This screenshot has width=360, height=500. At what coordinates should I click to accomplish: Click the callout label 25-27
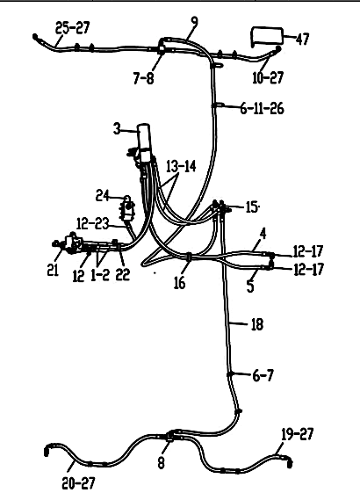pos(73,27)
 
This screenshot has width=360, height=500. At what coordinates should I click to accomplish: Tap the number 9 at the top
pos(194,22)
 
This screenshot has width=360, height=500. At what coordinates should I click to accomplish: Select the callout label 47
pos(302,39)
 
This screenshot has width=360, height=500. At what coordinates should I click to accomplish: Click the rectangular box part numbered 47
pos(267,37)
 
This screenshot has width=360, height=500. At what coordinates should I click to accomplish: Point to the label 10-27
pos(268,77)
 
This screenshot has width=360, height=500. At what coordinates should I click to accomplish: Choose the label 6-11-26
pos(262,109)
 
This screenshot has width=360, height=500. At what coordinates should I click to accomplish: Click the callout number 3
pos(118,129)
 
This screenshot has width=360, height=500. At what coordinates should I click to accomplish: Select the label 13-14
pos(181,166)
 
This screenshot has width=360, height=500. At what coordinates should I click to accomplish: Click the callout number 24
pos(102,195)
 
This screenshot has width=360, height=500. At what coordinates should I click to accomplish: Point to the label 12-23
pos(93,223)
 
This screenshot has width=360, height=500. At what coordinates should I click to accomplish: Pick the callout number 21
pos(53,270)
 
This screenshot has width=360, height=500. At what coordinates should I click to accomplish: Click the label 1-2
pos(100,275)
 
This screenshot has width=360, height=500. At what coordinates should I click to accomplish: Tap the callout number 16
pos(179,283)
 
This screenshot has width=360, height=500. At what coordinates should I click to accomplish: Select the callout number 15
pos(252,207)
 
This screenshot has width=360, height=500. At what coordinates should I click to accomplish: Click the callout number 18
pos(257,324)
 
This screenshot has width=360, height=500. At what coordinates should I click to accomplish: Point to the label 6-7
pos(263,375)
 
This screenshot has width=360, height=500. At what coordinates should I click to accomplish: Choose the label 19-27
pos(298,434)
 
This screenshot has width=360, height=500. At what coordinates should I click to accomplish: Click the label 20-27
pos(78,483)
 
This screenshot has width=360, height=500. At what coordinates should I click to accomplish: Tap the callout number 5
pos(250,286)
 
